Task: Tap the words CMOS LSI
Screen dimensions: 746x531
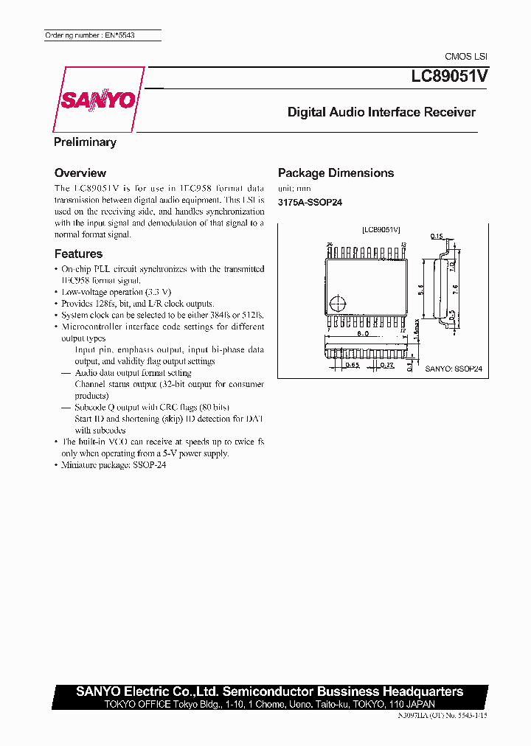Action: click(466, 57)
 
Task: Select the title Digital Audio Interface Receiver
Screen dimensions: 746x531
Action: click(381, 113)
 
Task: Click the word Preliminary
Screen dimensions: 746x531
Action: click(85, 142)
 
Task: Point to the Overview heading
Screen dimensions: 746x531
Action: click(80, 172)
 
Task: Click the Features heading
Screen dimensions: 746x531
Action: click(78, 254)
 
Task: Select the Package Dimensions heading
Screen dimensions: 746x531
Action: click(336, 173)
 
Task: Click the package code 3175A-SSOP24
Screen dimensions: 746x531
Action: click(310, 202)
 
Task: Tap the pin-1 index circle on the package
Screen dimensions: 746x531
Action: click(338, 302)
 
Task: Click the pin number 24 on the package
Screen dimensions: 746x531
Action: click(329, 244)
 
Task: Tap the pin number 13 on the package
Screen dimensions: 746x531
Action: click(403, 244)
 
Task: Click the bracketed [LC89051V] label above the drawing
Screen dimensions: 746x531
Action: click(381, 230)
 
